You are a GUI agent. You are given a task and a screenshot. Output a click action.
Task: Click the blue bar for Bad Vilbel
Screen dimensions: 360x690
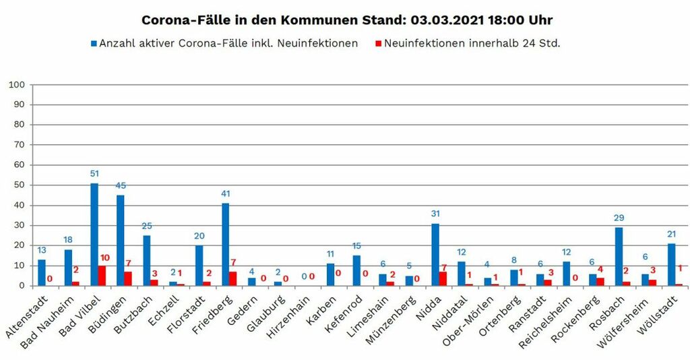[94, 235]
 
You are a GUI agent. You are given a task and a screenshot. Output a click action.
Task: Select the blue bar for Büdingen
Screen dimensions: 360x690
[121, 240]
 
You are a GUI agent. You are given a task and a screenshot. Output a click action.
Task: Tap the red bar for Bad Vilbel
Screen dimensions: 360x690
[102, 276]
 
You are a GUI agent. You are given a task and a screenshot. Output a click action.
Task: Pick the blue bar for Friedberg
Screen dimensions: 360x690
[226, 244]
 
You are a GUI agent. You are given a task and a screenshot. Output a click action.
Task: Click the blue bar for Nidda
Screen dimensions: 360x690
[435, 254]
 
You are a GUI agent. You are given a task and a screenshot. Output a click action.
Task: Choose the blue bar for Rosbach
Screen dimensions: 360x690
[619, 256]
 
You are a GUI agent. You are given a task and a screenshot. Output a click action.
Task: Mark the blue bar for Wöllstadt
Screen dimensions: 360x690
[671, 264]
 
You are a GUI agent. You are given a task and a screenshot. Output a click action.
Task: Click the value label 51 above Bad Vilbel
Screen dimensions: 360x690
[94, 174]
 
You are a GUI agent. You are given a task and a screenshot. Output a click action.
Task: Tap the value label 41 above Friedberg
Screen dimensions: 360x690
[226, 194]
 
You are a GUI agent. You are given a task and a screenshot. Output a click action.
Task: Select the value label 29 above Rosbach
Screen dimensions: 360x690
[619, 218]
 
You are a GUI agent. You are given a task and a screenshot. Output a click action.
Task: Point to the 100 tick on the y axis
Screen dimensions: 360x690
[16, 85]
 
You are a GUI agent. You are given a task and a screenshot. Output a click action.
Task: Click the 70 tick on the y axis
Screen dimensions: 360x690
[18, 145]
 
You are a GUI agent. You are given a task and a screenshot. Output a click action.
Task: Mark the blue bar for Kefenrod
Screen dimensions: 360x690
[356, 270]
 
